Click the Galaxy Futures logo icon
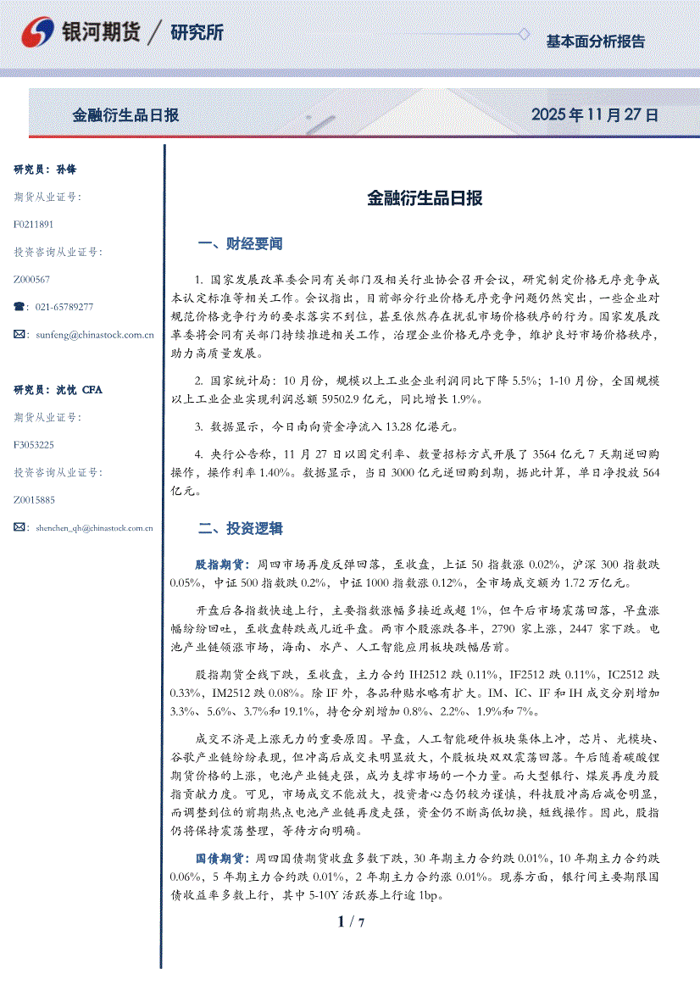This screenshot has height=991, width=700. [38, 33]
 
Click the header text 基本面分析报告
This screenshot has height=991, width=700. [595, 41]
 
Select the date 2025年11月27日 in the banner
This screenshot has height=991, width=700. [594, 114]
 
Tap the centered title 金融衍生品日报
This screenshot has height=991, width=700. [425, 198]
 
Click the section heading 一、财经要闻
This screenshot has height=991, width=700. [240, 244]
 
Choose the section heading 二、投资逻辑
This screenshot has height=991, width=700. [240, 529]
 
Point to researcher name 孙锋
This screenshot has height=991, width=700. [66, 170]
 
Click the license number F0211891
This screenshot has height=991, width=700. [34, 225]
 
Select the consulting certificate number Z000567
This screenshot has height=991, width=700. [31, 279]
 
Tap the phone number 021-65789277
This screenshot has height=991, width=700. [64, 307]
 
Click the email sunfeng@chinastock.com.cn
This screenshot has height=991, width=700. [94, 335]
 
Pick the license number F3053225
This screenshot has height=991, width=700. [34, 444]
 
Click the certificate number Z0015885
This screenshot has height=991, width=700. [34, 499]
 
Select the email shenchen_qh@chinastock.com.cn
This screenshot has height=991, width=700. [94, 527]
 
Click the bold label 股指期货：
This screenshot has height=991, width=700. [221, 564]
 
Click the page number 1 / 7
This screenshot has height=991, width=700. [350, 921]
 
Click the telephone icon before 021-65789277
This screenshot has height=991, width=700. [20, 307]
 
